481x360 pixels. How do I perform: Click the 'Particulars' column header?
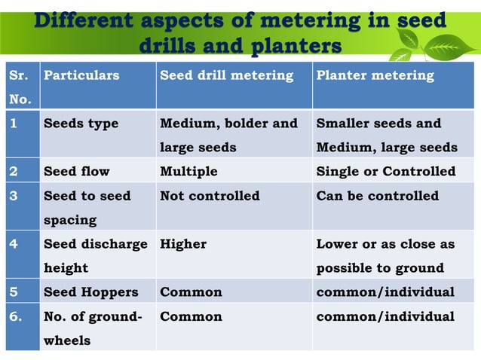click(x=81, y=75)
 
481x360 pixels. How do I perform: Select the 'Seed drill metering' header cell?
click(x=226, y=75)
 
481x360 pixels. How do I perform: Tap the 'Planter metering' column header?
click(x=375, y=75)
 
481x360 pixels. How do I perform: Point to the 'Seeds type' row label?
click(x=81, y=124)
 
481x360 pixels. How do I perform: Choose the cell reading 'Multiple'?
click(x=188, y=171)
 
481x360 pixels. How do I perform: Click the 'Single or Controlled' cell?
click(x=385, y=171)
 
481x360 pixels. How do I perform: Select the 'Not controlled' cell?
click(x=210, y=196)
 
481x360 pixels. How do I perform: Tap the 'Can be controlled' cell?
click(x=377, y=196)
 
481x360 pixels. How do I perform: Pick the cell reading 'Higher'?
click(x=183, y=244)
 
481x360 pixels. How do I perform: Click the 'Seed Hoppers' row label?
click(x=91, y=292)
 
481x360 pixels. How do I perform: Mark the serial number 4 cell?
click(x=13, y=244)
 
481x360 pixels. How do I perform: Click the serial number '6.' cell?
click(x=15, y=316)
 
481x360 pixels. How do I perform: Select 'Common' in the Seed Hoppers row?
click(x=191, y=292)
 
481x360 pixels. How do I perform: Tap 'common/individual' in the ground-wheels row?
click(x=385, y=316)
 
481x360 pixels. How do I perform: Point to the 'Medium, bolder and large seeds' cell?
click(x=228, y=136)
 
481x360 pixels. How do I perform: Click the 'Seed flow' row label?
click(x=76, y=171)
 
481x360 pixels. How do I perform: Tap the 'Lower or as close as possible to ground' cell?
click(x=385, y=256)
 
